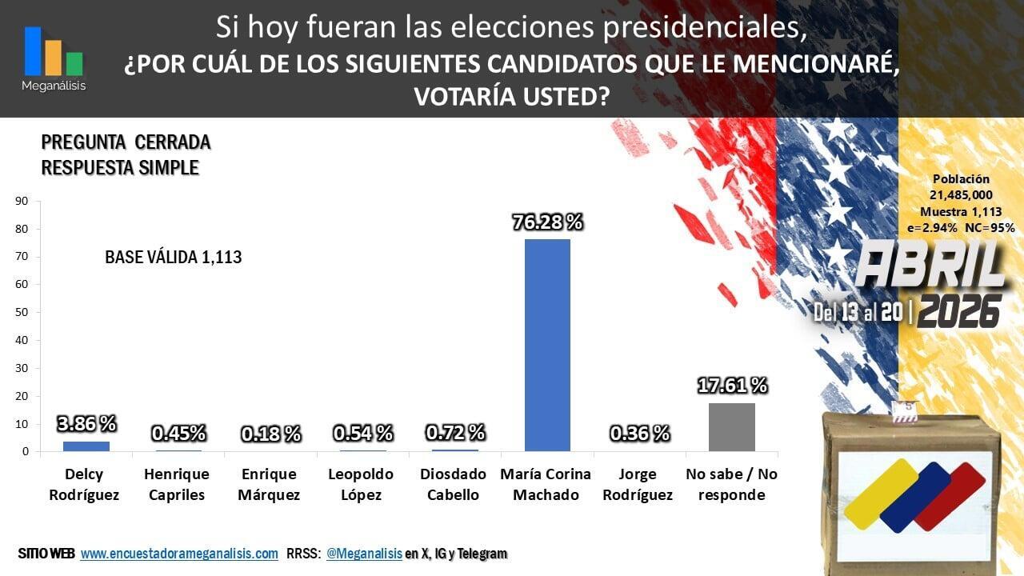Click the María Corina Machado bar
point(547,345)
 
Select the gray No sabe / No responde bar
point(732,427)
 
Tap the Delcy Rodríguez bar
point(86,446)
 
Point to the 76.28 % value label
point(548,222)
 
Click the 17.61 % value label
point(732,386)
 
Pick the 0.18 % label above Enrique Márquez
point(270,434)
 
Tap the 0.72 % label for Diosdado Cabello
point(455,433)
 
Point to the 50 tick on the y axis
point(22,312)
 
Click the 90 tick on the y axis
point(22,201)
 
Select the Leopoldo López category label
point(361,485)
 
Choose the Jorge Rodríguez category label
point(638,485)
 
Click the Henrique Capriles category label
point(177,485)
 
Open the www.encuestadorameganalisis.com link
point(179,554)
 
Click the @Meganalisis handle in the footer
point(364,554)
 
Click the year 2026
point(959,312)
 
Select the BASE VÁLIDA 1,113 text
point(174,258)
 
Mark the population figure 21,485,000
point(961,195)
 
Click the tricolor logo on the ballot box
point(914,495)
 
